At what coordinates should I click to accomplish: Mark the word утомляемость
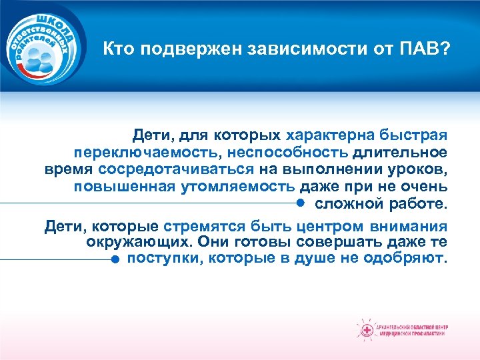pos(238,186)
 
